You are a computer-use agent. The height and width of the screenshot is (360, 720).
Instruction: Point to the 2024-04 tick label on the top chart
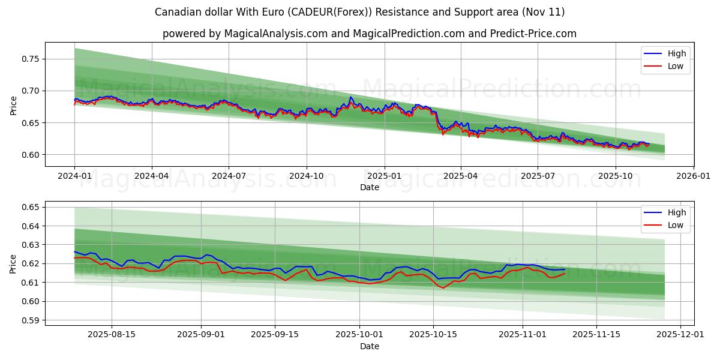pos(151,176)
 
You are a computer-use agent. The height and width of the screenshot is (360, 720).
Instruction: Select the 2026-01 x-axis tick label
pos(693,176)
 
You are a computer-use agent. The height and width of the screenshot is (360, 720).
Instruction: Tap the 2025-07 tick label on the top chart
pos(538,176)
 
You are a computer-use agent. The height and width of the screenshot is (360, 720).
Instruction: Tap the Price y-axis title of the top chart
pos(13,105)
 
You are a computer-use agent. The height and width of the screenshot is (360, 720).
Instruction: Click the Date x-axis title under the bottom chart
pos(370,346)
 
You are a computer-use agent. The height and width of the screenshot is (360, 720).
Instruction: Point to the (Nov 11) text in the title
pos(543,12)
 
